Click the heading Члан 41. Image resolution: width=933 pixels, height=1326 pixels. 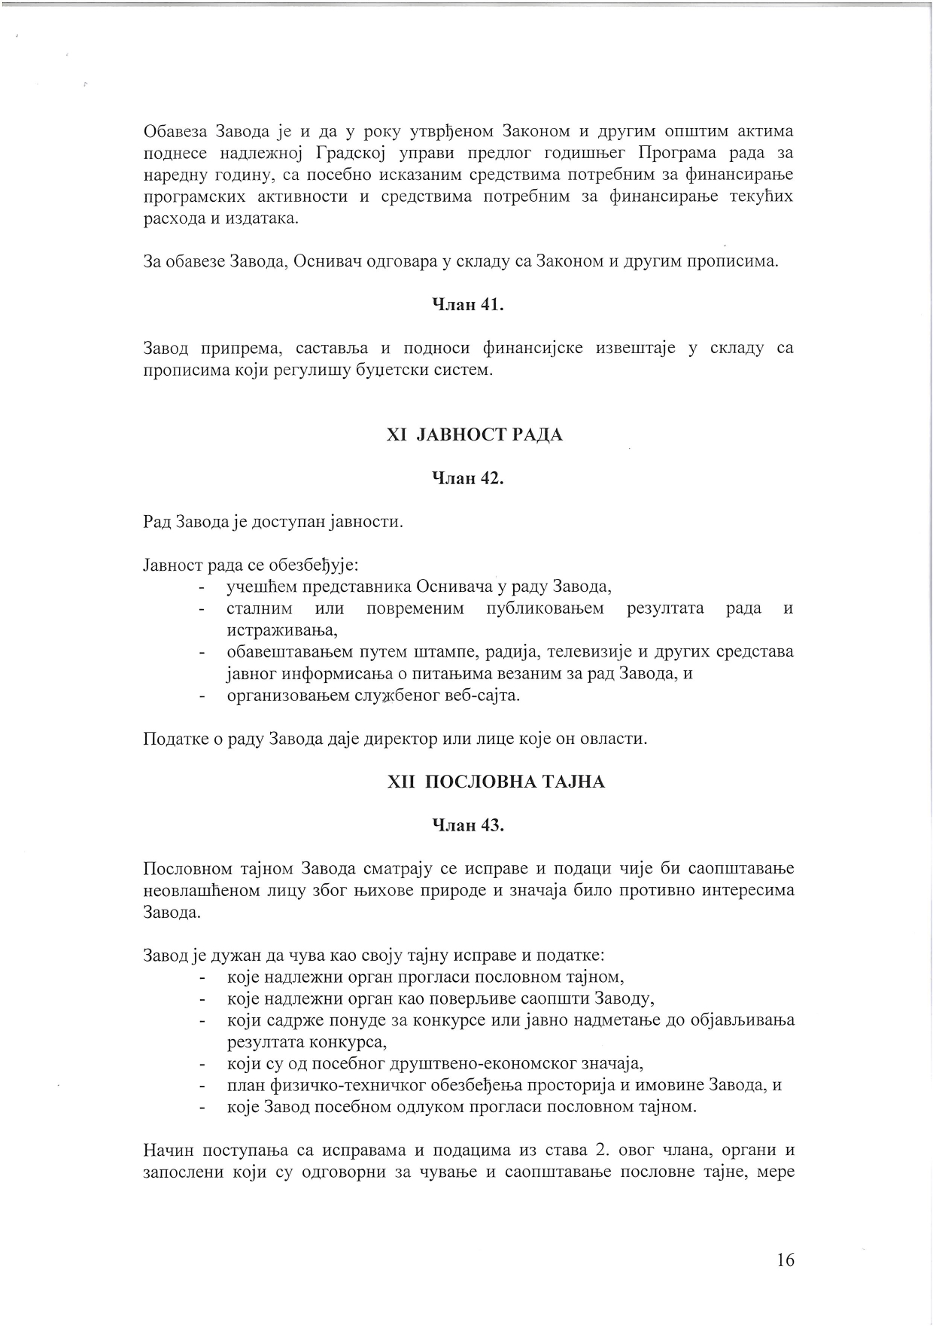coord(467,305)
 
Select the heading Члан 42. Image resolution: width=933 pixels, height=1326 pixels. coord(467,478)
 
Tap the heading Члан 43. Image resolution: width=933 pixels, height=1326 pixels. coord(467,825)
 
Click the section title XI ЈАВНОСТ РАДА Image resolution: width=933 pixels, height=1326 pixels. coord(474,435)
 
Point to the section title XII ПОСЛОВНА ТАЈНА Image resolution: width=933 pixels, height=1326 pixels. coord(495,782)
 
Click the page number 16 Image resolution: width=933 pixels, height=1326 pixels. coord(785,1260)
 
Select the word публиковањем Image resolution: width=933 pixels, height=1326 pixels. coord(546,608)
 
